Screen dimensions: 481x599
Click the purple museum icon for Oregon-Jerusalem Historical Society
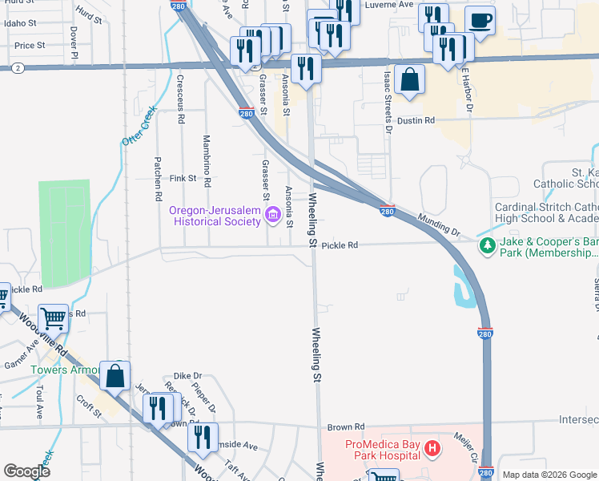tap(271, 214)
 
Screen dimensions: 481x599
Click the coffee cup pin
tap(480, 20)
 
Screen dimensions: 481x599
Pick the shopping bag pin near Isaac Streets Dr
tap(409, 80)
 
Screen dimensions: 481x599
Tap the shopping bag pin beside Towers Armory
tap(115, 376)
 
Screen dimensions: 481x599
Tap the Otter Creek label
tap(138, 127)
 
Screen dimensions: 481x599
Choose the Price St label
tap(30, 46)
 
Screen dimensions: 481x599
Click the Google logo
tap(27, 471)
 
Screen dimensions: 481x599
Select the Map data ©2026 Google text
tap(549, 475)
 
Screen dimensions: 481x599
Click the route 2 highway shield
tap(17, 69)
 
